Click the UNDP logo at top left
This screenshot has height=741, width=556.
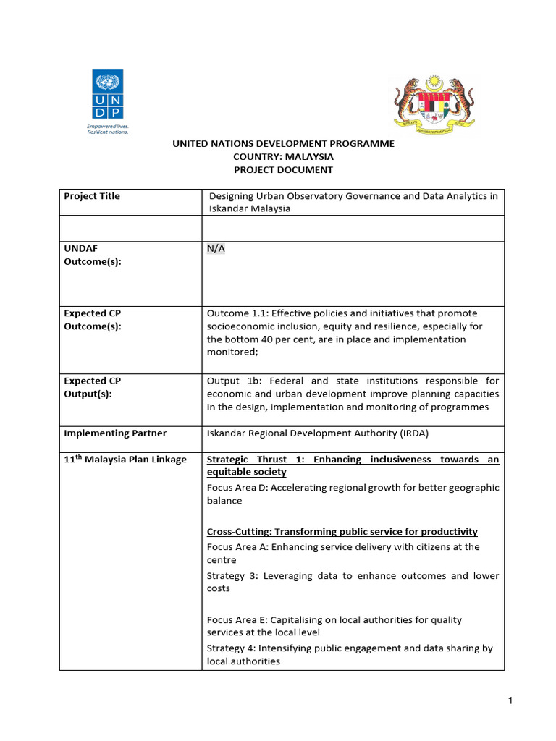coord(107,95)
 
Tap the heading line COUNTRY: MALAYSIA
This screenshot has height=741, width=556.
coord(283,156)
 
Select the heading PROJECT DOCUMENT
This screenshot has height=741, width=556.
coord(283,169)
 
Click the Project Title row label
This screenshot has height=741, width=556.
coord(92,196)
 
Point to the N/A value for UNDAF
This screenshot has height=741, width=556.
coord(216,248)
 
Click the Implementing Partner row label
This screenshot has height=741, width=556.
coord(115,433)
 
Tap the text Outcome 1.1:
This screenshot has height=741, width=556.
coord(235,313)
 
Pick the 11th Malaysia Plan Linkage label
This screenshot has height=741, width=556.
coord(125,460)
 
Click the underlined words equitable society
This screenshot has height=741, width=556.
coord(246,472)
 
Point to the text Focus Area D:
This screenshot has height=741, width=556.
coord(238,488)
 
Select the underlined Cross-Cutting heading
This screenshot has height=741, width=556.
coord(342,532)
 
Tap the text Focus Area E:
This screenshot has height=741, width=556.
coord(237,620)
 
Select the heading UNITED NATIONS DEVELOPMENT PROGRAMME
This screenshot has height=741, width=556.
coord(283,143)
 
